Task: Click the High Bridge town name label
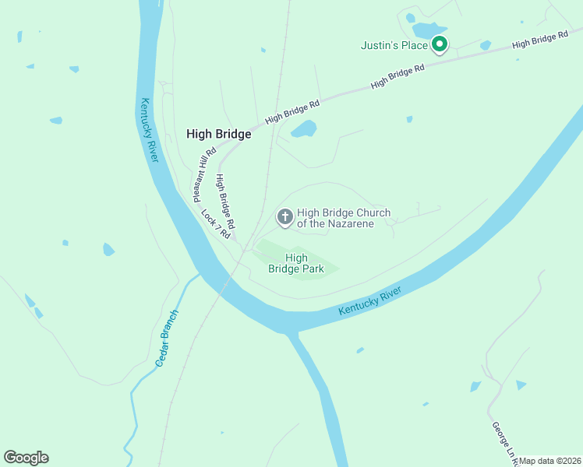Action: click(x=218, y=134)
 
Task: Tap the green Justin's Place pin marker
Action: click(x=440, y=45)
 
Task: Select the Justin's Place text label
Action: click(x=394, y=45)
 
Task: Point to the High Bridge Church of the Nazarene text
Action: click(x=343, y=218)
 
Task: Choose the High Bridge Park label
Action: click(x=296, y=263)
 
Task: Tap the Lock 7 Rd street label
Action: click(x=217, y=223)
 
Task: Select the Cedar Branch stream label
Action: click(x=167, y=339)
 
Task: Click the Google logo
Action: click(x=26, y=458)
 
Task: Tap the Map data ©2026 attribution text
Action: click(x=550, y=461)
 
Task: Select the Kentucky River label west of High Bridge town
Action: click(x=149, y=130)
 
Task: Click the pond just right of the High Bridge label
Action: click(x=304, y=128)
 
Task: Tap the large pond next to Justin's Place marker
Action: click(x=425, y=30)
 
